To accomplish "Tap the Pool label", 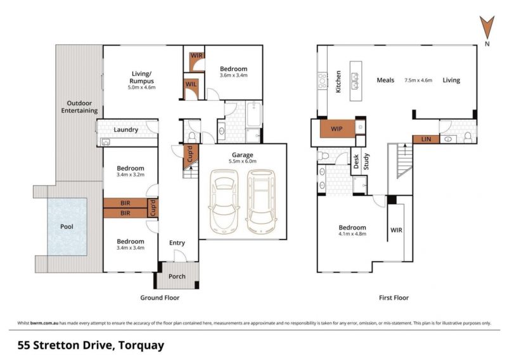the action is point(67,227).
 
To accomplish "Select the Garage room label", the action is point(242,155).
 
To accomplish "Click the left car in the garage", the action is point(224,201).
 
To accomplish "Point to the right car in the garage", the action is point(261,201).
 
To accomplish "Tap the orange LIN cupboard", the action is point(426,139).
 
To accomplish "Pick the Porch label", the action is point(177,276).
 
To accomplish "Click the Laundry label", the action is point(125,130).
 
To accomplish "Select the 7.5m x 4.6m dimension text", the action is point(418,80).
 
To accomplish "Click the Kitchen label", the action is point(338,82).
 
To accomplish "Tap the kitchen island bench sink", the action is point(356,81).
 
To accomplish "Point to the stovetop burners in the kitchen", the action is point(323,81).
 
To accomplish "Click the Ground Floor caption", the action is point(160,298).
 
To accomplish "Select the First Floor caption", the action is point(394,298).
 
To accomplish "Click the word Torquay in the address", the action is point(141,345).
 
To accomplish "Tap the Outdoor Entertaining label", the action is point(80,106).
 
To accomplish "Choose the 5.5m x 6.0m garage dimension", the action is point(243,161).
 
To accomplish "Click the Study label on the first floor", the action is point(366,162).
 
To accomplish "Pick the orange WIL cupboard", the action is point(191,84).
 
